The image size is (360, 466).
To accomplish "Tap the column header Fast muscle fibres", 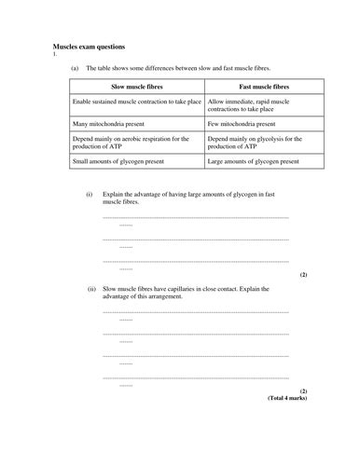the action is (256, 86).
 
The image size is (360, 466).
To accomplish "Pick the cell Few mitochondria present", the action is (241, 123).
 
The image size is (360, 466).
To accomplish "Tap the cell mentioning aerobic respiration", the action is (131, 143).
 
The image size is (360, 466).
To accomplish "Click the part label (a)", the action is (75, 68).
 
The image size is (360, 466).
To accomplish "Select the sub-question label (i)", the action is (90, 194).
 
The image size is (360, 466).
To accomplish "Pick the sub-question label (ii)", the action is (90, 289).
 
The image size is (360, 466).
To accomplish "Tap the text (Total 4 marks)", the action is (287, 398).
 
